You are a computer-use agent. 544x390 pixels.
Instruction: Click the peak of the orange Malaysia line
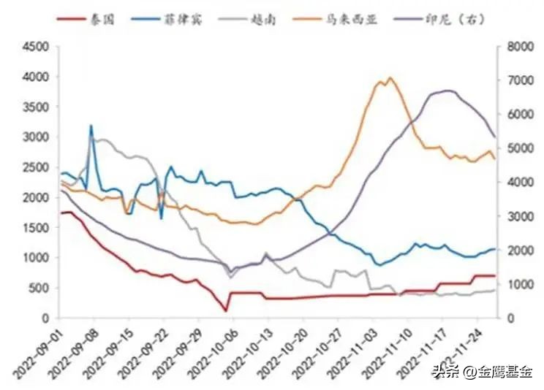[390, 77]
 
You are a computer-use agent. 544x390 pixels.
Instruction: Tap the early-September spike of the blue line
[91, 126]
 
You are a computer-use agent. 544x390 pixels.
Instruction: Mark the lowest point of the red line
[226, 310]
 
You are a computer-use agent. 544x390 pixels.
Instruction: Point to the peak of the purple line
[448, 91]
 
